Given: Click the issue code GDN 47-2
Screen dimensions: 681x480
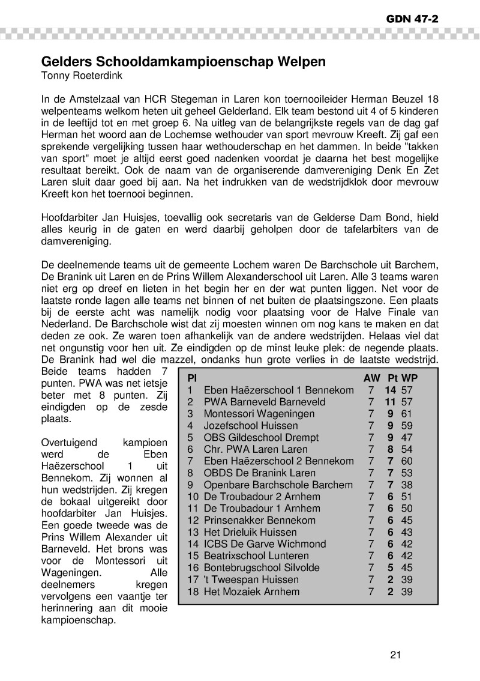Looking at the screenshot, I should coord(413,19).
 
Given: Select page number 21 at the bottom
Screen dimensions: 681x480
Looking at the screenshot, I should coord(395,655).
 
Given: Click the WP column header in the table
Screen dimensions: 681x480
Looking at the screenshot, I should coord(409,378).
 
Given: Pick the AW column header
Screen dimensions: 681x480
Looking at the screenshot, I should coord(371,378).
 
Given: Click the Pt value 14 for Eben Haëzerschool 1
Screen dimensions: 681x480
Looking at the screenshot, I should coord(391,390).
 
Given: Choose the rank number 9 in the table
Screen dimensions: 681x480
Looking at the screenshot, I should coord(190,485).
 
